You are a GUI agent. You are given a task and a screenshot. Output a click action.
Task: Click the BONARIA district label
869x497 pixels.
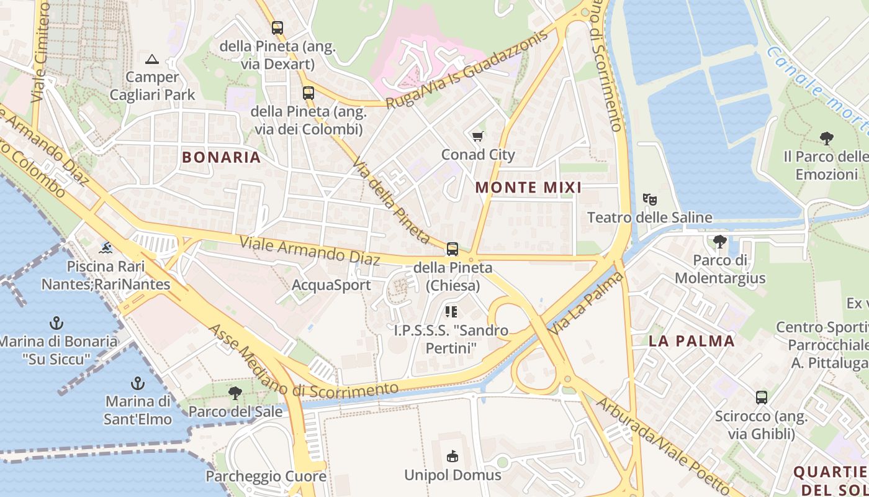221,157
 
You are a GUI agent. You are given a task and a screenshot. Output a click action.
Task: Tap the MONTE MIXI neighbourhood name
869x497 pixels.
528,187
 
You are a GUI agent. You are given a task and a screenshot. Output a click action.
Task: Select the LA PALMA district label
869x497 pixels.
691,340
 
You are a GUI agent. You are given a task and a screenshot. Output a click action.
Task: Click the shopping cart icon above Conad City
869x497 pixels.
477,137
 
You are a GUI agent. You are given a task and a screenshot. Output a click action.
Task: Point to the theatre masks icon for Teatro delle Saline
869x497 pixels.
650,199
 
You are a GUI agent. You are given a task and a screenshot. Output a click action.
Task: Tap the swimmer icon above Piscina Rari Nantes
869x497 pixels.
106,248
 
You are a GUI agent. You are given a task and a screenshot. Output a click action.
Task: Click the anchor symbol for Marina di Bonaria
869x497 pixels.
56,323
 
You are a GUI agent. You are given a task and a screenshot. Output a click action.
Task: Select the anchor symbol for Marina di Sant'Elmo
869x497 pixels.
138,383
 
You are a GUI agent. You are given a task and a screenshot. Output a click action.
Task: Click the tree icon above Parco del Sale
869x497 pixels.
235,393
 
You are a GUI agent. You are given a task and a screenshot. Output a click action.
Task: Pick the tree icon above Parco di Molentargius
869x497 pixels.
720,241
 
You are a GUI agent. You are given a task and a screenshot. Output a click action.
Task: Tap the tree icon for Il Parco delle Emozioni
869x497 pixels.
826,138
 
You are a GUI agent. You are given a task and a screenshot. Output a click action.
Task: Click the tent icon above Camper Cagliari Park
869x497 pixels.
152,60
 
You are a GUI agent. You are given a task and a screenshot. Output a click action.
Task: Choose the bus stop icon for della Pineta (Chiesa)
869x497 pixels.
453,249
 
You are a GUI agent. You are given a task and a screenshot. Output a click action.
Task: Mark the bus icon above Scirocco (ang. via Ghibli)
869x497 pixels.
762,398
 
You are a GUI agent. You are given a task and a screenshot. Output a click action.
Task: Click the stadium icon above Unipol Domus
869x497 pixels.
453,457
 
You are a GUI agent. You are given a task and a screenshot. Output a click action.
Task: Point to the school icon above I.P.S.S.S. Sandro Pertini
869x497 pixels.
451,312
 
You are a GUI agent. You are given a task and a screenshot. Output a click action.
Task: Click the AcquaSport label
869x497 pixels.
331,285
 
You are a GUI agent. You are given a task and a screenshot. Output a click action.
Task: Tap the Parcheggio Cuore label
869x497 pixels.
266,476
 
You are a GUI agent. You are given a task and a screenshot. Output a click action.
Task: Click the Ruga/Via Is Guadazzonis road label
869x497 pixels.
467,70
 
